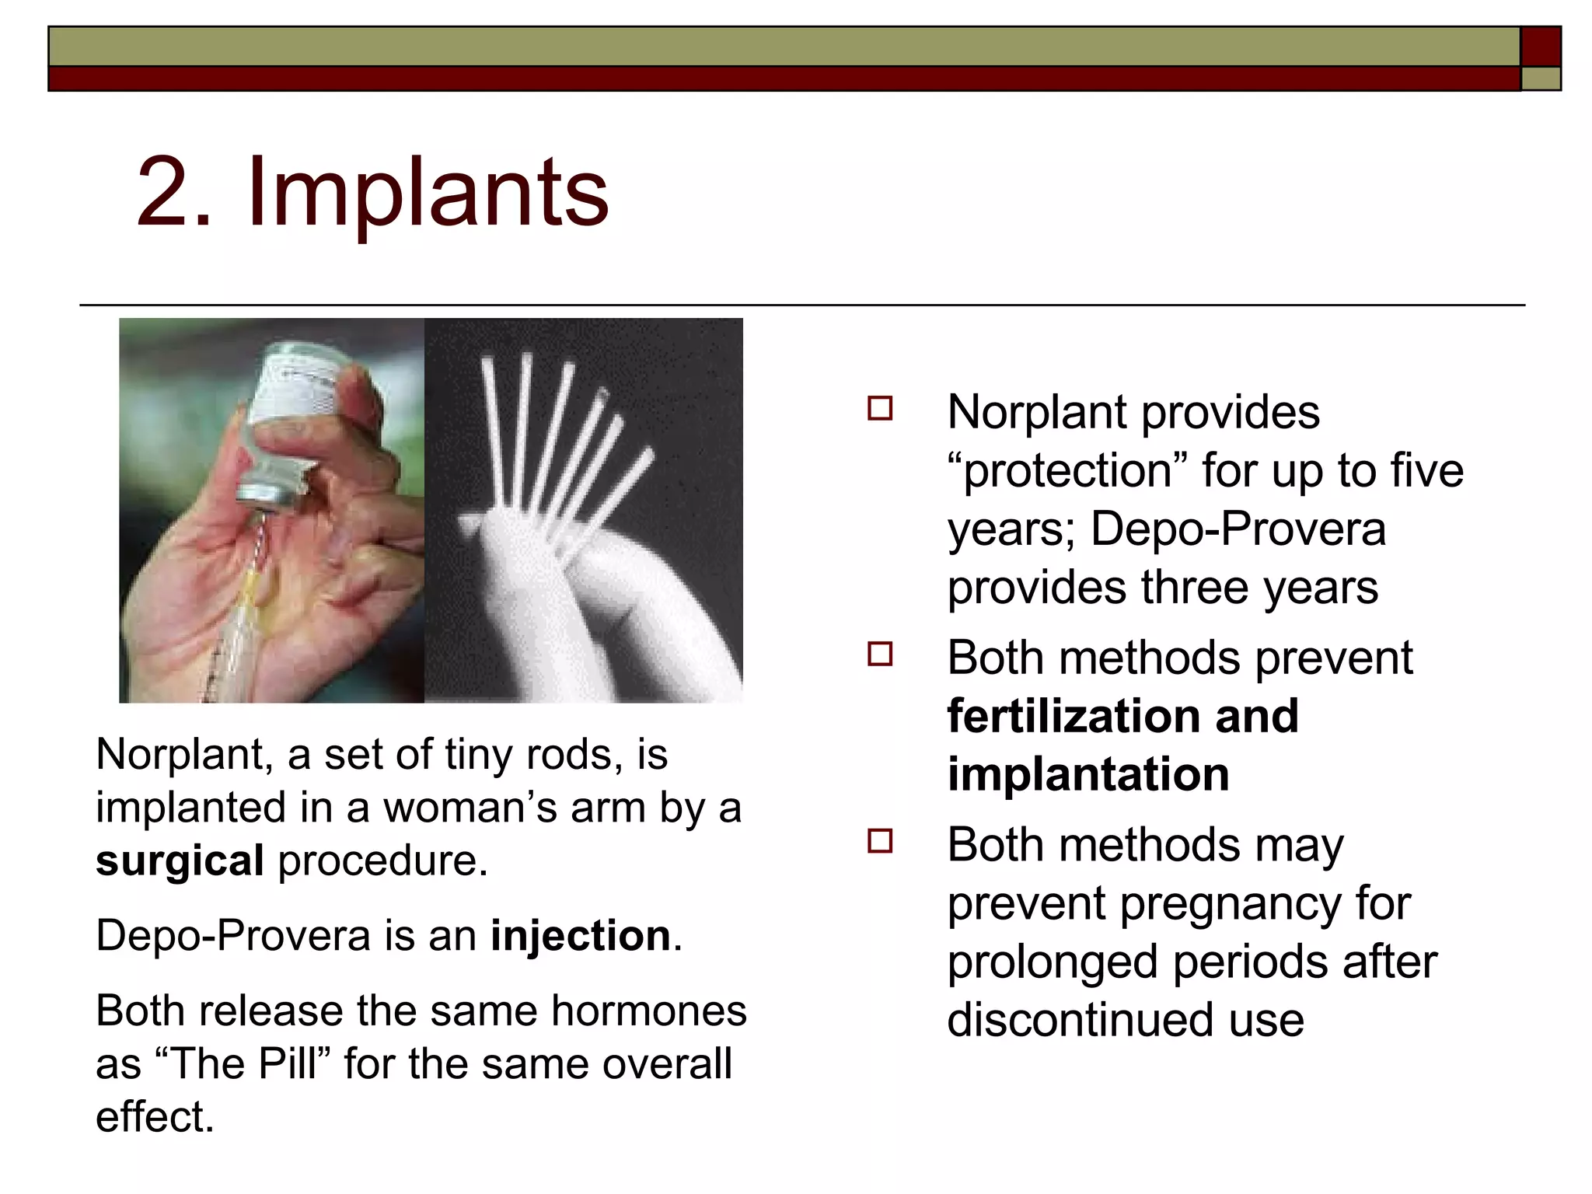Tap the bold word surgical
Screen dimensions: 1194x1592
coord(180,861)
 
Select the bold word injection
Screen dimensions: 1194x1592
coord(580,935)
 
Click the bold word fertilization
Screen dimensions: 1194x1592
coord(1072,716)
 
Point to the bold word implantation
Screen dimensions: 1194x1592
coord(1088,774)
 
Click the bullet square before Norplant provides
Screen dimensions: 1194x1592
coord(880,409)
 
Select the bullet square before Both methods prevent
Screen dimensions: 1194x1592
coord(880,655)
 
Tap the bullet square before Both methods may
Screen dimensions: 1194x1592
coord(880,841)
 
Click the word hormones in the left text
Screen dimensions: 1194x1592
coord(649,1011)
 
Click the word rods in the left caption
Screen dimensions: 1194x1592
coord(573,754)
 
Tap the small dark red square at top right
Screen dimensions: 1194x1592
coord(1540,47)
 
